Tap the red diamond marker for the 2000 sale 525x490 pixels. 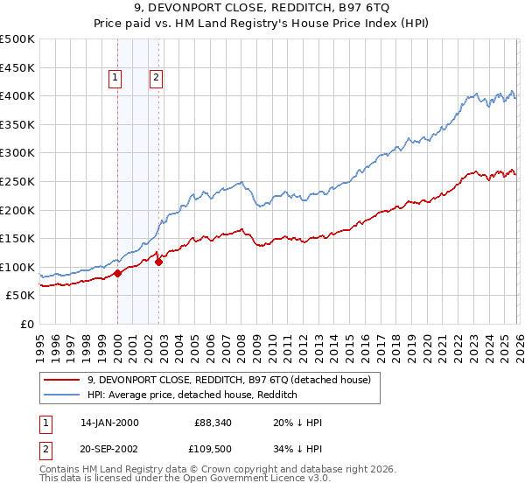tap(117, 273)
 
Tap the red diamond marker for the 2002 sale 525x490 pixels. tap(158, 261)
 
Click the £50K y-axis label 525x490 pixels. tap(21, 296)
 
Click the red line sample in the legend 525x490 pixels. tap(62, 380)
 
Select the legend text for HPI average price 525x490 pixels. tap(192, 395)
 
